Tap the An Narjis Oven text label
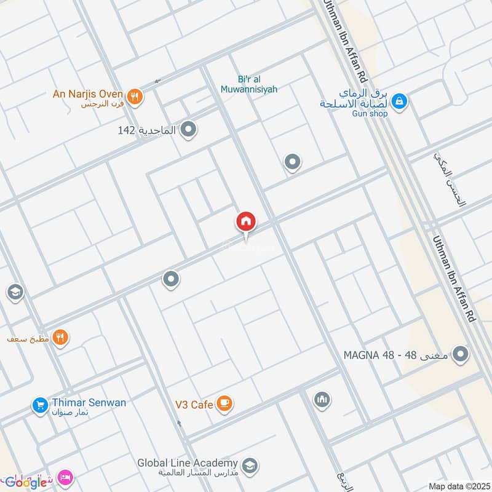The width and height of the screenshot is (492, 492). point(89,95)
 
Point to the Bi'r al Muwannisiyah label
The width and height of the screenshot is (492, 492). point(248,84)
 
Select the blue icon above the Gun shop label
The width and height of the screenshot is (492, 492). point(400,100)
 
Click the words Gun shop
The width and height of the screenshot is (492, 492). point(369,113)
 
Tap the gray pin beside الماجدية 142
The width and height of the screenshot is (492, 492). point(189,130)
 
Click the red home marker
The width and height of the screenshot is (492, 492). point(246,222)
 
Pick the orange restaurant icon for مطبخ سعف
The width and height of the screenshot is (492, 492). point(60,338)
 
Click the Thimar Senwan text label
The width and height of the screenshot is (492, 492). point(89,403)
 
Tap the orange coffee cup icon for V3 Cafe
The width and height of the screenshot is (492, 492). point(225,403)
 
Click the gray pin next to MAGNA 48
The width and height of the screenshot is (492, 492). point(460,354)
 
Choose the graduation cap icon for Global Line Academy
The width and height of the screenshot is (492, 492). point(249,464)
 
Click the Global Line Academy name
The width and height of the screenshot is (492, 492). point(187,463)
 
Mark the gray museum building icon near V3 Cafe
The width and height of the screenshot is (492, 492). point(321,400)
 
